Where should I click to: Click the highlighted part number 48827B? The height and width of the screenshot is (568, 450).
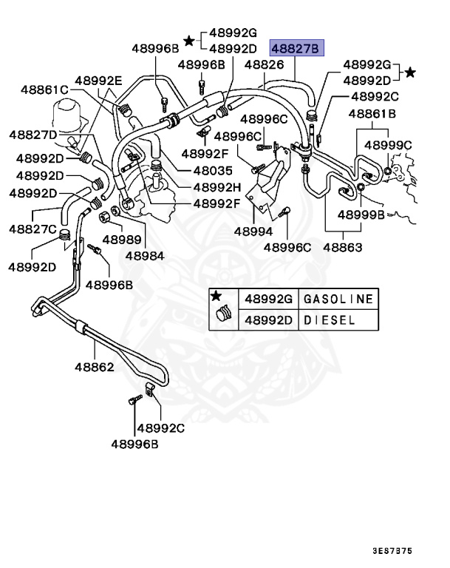point(296,49)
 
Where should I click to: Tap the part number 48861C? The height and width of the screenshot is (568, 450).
point(43,89)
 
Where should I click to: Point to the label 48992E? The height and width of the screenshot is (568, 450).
point(98,81)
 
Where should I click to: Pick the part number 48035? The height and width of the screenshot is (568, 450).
point(213,169)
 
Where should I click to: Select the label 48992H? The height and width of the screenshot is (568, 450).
point(217,186)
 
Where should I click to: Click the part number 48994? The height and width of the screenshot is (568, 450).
point(253,231)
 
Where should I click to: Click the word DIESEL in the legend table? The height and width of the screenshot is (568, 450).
point(330,320)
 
